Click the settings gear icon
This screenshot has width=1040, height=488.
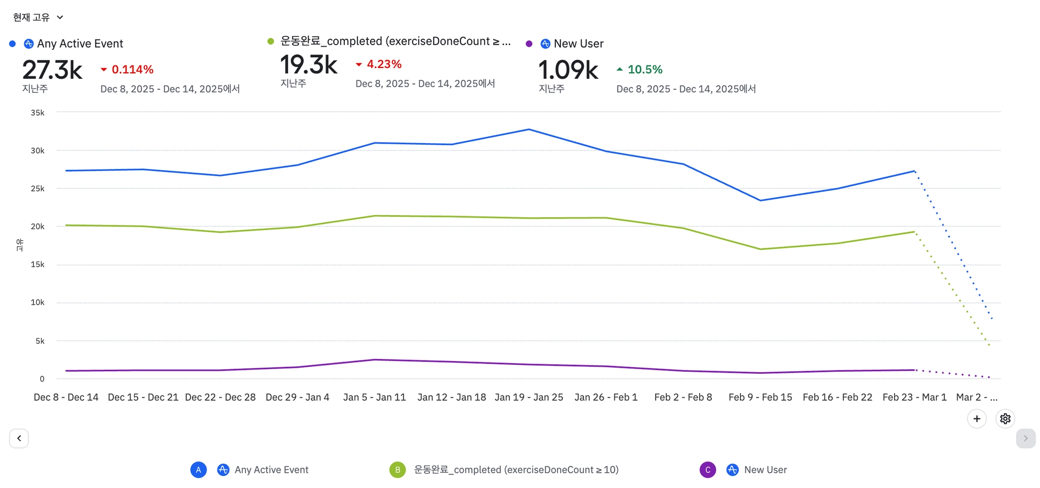point(1005,419)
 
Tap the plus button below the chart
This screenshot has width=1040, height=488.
point(977,419)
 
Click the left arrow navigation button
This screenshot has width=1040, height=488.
point(19,438)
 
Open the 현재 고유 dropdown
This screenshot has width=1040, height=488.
point(38,17)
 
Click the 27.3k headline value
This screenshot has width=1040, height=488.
point(52,70)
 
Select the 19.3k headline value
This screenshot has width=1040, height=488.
point(309,65)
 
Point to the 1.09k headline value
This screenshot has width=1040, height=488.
point(568,70)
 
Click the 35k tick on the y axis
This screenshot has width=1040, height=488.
point(38,113)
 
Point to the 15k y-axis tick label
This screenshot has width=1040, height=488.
point(38,265)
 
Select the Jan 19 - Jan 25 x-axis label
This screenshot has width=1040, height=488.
point(529,397)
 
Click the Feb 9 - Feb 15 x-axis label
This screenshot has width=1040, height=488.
point(760,397)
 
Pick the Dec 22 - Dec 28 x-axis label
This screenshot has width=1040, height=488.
point(220,397)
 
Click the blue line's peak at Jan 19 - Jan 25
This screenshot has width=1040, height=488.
point(529,129)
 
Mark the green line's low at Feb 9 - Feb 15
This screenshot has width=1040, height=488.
point(760,249)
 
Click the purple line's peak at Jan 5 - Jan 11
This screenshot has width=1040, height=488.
point(375,360)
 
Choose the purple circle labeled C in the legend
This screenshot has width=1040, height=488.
point(707,470)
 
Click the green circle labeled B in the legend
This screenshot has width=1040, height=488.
point(398,470)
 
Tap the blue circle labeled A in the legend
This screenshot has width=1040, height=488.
point(199,470)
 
